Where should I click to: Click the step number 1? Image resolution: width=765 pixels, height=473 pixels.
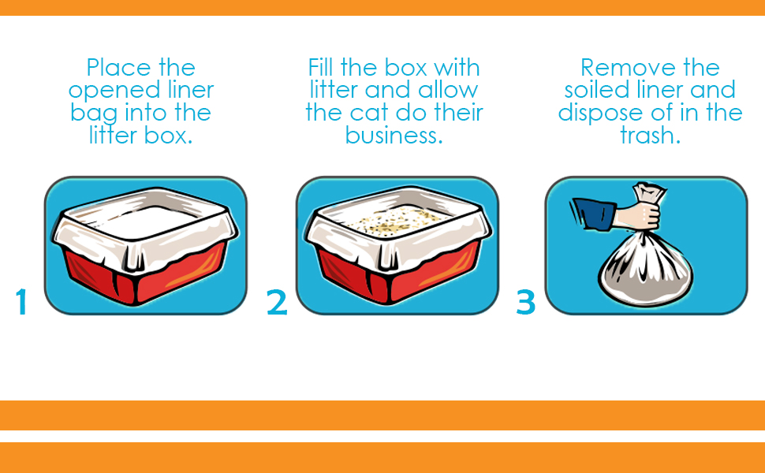click(21, 302)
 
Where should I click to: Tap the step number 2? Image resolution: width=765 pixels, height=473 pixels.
click(277, 302)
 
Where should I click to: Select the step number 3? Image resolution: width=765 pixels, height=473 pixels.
click(526, 302)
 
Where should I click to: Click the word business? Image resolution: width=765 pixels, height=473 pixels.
click(394, 136)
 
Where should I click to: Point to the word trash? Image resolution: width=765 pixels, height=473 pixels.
click(650, 136)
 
